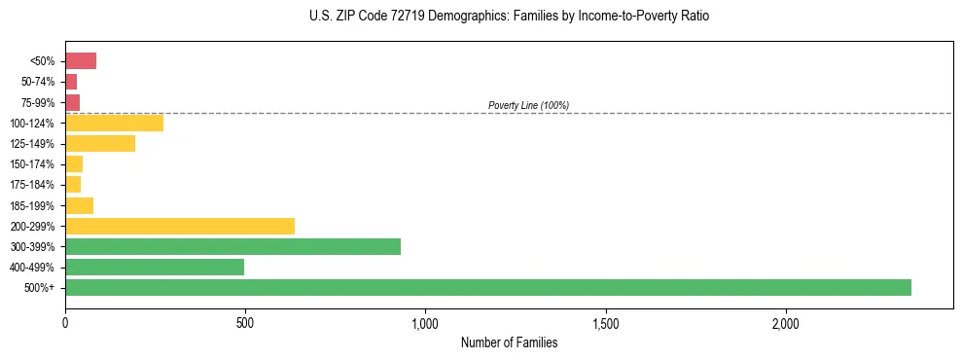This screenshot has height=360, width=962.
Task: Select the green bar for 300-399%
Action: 232,246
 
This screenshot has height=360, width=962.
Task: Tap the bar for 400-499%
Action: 155,267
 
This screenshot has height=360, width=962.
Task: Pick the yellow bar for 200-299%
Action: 180,226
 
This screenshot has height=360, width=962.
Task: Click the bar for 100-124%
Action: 114,123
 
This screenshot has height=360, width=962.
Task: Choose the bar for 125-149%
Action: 100,144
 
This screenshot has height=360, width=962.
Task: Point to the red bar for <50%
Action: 81,61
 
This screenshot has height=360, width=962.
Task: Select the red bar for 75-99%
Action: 72,102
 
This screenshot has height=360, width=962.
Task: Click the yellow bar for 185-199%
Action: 79,205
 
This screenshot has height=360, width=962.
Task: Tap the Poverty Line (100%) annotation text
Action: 528,105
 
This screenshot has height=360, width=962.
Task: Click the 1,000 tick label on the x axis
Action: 425,323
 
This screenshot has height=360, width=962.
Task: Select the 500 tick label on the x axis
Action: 245,323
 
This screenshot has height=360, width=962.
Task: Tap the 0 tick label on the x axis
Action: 65,323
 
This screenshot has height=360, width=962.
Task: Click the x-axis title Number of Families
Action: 509,342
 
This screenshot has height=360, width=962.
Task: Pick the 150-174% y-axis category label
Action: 33,164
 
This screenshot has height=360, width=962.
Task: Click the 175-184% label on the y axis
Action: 33,185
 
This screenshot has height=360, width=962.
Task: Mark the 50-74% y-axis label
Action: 37,82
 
